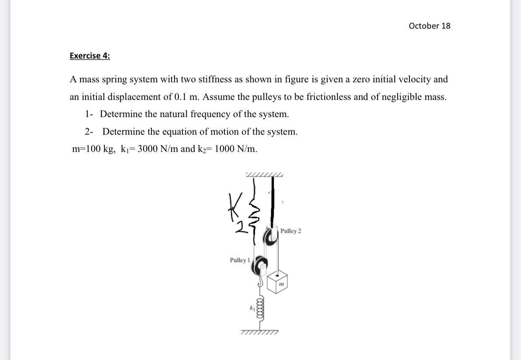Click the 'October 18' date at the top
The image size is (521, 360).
click(429, 26)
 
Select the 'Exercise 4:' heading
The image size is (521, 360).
click(90, 56)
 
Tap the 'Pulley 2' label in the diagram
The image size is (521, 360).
click(290, 231)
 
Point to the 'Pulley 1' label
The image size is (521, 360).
click(240, 260)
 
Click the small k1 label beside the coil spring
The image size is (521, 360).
click(253, 308)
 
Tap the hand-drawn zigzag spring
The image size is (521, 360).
click(255, 214)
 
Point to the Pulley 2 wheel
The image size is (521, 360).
click(269, 237)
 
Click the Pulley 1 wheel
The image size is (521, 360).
click(260, 264)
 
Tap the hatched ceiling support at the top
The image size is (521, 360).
click(264, 174)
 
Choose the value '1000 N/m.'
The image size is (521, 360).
click(236, 149)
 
